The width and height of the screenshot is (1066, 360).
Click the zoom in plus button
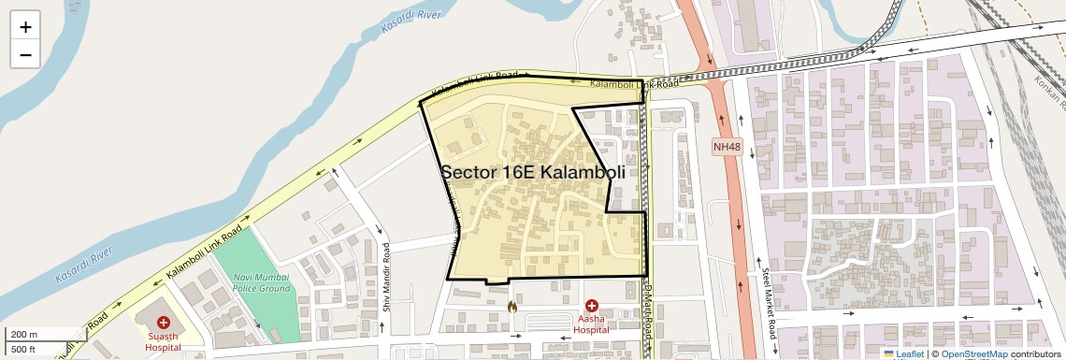coord(25,26)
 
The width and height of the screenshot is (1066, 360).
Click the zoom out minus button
coord(25,54)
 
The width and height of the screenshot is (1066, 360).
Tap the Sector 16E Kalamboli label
coord(532,172)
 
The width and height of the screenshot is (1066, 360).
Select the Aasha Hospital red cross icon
coord(592,306)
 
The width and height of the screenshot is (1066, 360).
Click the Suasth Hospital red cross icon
coord(164,322)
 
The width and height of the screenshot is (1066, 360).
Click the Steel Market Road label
coord(772,304)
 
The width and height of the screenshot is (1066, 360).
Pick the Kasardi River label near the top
coord(411,22)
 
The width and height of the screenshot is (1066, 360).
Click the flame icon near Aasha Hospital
coord(511,306)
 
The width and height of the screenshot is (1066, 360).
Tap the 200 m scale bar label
coord(25,335)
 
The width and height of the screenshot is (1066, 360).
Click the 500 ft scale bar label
coord(24,350)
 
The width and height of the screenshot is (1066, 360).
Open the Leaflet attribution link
coord(903,353)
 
